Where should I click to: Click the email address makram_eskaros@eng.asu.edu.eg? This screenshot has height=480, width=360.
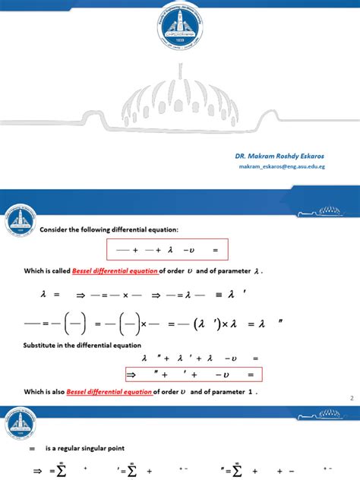pyautogui.click(x=282, y=166)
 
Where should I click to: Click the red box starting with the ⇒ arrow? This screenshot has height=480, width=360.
pyautogui.click(x=193, y=374)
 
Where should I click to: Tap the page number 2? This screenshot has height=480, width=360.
pyautogui.click(x=352, y=398)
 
